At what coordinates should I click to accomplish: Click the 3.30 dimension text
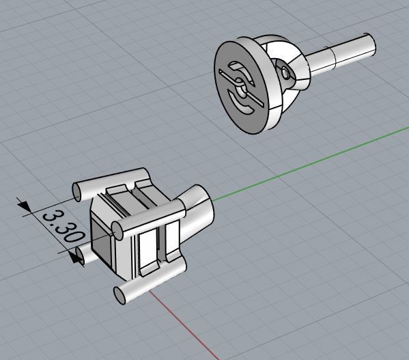[x=62, y=226]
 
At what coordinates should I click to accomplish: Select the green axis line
[x=307, y=164]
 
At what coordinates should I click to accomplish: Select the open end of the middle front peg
[x=117, y=230]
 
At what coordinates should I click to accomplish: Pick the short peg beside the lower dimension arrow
[x=82, y=256]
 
